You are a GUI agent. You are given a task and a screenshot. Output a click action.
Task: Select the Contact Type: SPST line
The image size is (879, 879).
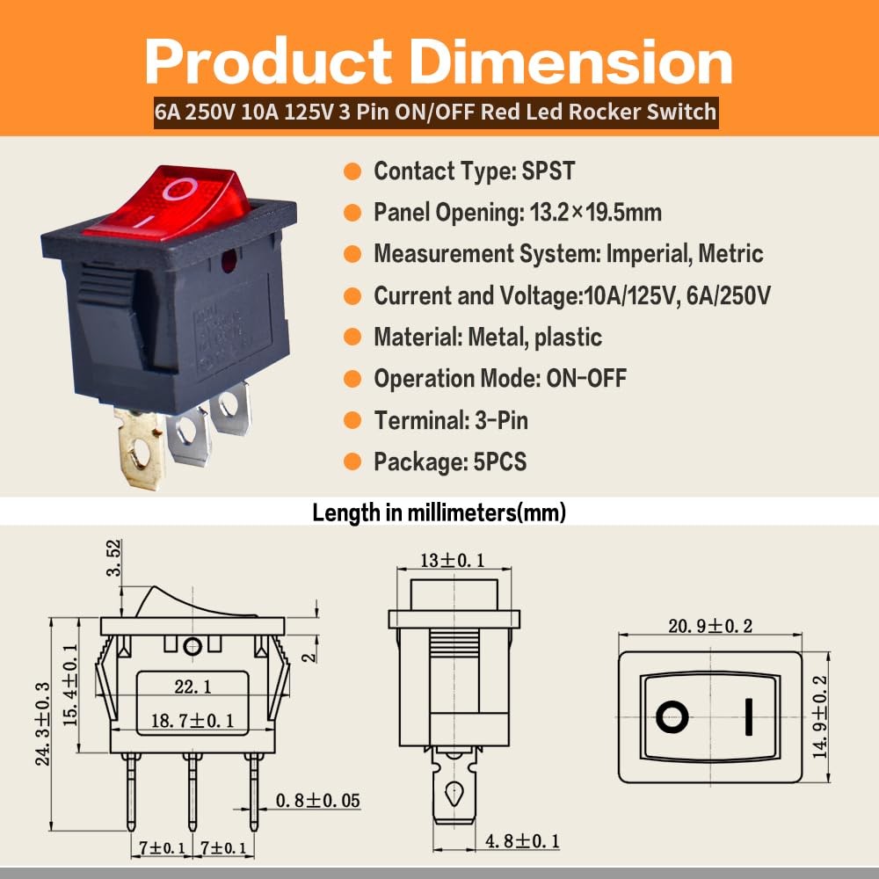pyautogui.click(x=474, y=171)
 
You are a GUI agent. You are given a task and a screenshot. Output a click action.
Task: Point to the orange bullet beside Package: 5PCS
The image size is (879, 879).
pyautogui.click(x=352, y=461)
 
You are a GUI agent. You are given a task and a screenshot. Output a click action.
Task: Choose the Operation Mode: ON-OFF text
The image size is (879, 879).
pyautogui.click(x=499, y=379)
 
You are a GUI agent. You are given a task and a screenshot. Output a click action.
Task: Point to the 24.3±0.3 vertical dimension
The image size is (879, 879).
pyautogui.click(x=42, y=723)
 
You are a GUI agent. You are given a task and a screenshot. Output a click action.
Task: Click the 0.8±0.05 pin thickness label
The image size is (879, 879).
pyautogui.click(x=317, y=801)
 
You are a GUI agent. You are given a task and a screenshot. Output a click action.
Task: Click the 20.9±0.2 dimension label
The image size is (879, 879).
pyautogui.click(x=710, y=626)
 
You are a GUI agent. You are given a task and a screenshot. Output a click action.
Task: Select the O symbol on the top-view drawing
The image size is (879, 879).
pyautogui.click(x=672, y=717)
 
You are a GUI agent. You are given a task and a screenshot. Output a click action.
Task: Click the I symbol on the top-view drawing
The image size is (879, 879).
pyautogui.click(x=748, y=717)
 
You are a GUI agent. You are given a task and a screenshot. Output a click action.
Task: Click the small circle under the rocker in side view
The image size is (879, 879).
pyautogui.click(x=193, y=647)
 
